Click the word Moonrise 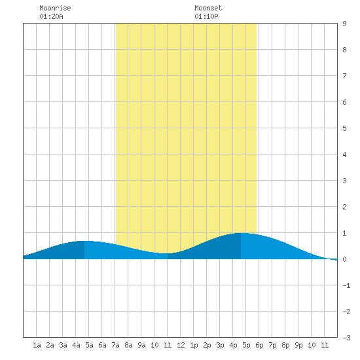click(x=55, y=8)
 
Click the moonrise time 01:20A click(x=51, y=16)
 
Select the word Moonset click(x=208, y=8)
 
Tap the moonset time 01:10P click(x=206, y=16)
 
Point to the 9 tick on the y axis click(x=344, y=24)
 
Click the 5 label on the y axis click(x=344, y=128)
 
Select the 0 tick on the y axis click(x=344, y=259)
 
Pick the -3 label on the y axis click(x=346, y=338)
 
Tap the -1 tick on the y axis click(x=346, y=285)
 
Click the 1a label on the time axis click(x=37, y=345)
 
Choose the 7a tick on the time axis click(x=115, y=345)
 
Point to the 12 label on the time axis click(x=181, y=345)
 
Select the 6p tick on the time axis click(x=259, y=345)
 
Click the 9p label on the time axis click(x=298, y=345)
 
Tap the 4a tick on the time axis click(x=76, y=345)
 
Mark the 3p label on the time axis click(x=220, y=345)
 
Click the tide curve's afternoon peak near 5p click(x=241, y=233)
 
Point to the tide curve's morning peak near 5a click(x=84, y=241)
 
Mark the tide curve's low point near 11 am click(x=167, y=253)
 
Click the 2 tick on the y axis click(x=344, y=207)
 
